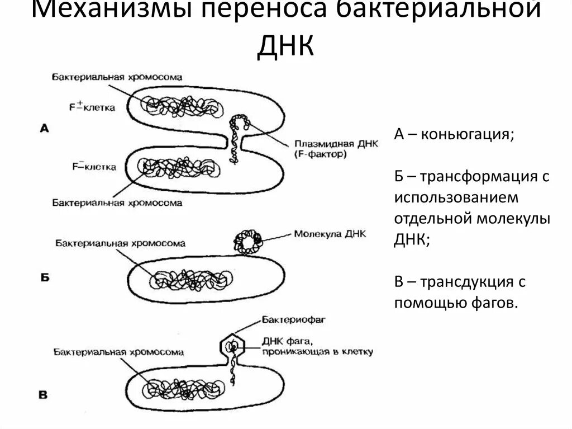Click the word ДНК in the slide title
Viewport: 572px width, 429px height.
click(285, 46)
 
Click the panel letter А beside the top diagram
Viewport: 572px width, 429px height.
click(45, 128)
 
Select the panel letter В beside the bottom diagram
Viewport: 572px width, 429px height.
click(43, 395)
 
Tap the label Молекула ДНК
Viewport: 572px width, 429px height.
click(329, 234)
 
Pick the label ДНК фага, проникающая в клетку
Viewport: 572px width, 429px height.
click(316, 347)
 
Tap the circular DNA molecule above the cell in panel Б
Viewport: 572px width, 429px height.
click(247, 242)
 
